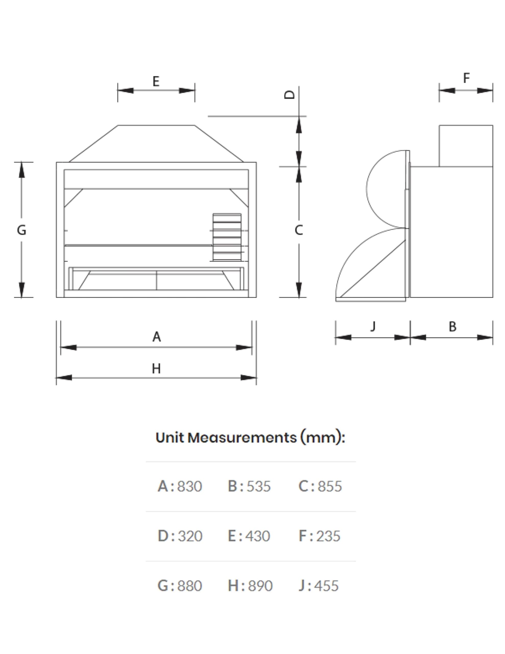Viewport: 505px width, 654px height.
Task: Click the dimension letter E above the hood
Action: (x=156, y=81)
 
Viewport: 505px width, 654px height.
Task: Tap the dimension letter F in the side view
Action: (x=466, y=78)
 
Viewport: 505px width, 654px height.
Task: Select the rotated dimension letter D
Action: (x=290, y=95)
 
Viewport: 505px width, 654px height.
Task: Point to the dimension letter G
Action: (x=21, y=230)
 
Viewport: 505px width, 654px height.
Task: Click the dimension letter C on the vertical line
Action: (x=299, y=230)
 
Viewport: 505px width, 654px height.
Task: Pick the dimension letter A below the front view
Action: (x=157, y=337)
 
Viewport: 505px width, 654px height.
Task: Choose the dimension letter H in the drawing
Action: (x=156, y=369)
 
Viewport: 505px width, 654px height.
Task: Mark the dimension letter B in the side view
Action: (x=453, y=326)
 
